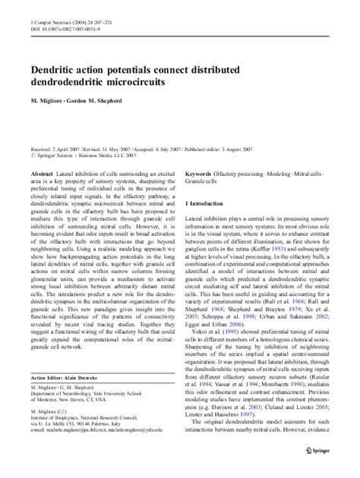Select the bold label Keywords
coord(200,173)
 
